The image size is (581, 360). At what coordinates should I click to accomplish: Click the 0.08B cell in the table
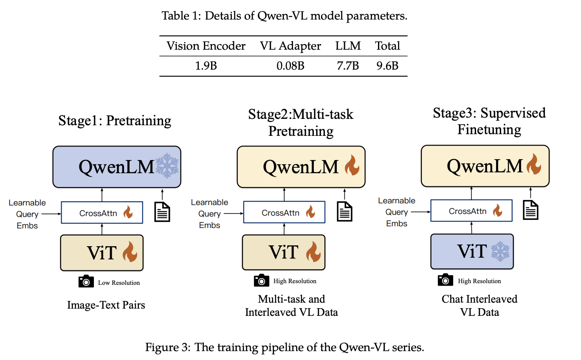[x=290, y=66]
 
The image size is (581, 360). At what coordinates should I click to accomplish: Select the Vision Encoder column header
[x=206, y=46]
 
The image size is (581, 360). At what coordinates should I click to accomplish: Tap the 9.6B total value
[x=387, y=66]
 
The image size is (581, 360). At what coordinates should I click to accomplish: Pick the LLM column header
[x=348, y=46]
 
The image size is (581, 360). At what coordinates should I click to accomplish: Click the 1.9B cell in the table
[x=206, y=66]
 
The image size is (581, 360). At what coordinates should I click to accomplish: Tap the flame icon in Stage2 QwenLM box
[x=352, y=166]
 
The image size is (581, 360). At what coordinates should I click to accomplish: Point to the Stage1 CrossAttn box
[x=102, y=213]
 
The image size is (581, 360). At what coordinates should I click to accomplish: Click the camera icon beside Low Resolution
[x=86, y=281]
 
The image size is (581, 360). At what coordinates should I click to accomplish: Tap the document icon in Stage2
[x=344, y=211]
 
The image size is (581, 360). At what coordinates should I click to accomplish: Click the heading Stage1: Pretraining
[x=115, y=121]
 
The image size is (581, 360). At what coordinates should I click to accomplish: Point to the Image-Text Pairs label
[x=106, y=305]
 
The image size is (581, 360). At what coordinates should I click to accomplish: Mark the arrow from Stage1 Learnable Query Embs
[x=54, y=214]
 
